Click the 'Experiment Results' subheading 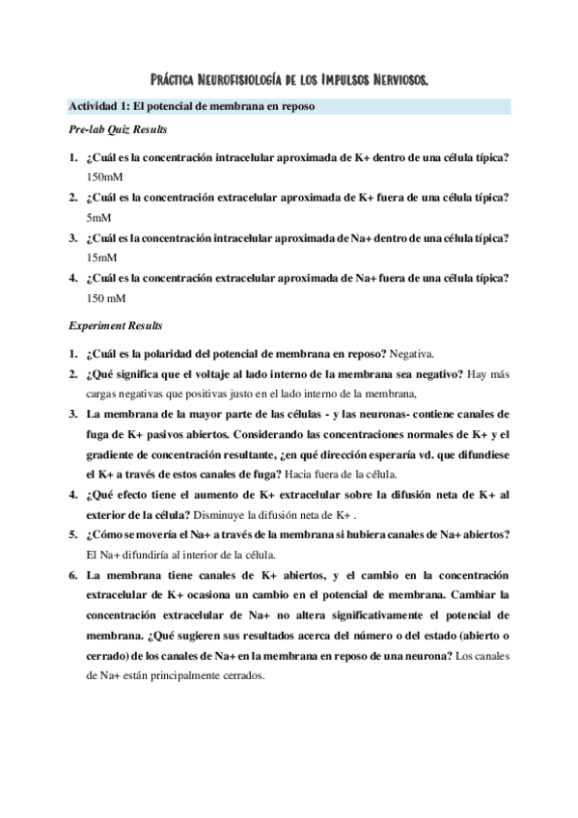point(115,325)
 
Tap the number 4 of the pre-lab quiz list point(72,278)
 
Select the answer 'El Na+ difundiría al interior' point(153,554)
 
